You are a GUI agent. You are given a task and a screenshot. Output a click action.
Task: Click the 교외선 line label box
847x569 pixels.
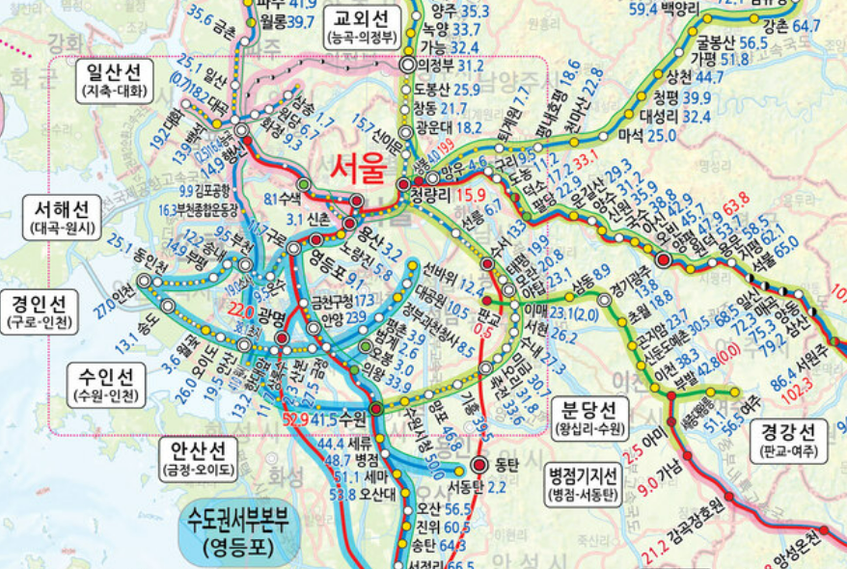[359, 26]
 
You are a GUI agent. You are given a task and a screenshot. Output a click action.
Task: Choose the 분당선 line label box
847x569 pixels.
[587, 418]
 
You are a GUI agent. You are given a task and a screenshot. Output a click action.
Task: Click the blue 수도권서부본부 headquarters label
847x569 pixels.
[240, 536]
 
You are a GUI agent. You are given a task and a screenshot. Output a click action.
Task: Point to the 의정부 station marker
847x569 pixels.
[408, 67]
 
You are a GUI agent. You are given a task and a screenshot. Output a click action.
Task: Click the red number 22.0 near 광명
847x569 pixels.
[241, 310]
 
